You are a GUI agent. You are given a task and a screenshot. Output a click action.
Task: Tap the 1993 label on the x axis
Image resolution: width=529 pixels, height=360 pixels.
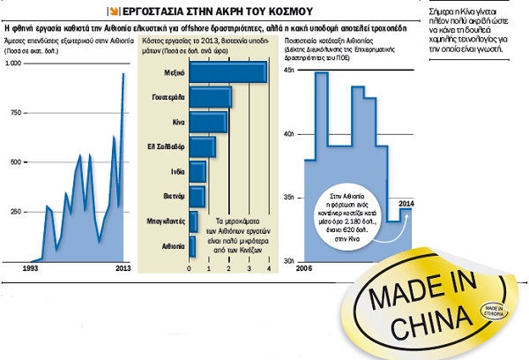coord(30,267)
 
